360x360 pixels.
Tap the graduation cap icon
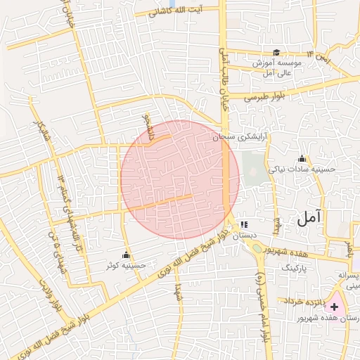(x=276, y=53)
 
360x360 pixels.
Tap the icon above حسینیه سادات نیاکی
(x=302, y=158)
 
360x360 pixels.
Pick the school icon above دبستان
(x=244, y=224)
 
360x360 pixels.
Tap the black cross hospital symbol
(x=334, y=307)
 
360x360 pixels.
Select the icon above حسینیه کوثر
(x=127, y=254)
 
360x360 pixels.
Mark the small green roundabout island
(x=257, y=247)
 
